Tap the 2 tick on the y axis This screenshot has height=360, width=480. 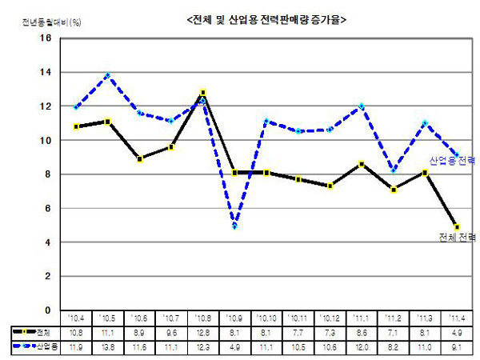pyautogui.click(x=47, y=276)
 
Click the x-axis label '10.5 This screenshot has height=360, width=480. pyautogui.click(x=107, y=318)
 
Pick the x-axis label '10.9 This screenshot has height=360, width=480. pyautogui.click(x=235, y=318)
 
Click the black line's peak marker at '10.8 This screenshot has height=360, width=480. pyautogui.click(x=203, y=93)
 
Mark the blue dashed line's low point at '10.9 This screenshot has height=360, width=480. pyautogui.click(x=235, y=226)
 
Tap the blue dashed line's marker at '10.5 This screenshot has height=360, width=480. pyautogui.click(x=107, y=76)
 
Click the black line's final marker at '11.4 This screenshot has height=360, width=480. pyautogui.click(x=458, y=226)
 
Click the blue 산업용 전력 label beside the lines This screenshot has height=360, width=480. pyautogui.click(x=452, y=161)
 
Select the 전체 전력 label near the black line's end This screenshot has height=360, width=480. pyautogui.click(x=457, y=238)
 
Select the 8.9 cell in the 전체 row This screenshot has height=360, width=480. pyautogui.click(x=139, y=330)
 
